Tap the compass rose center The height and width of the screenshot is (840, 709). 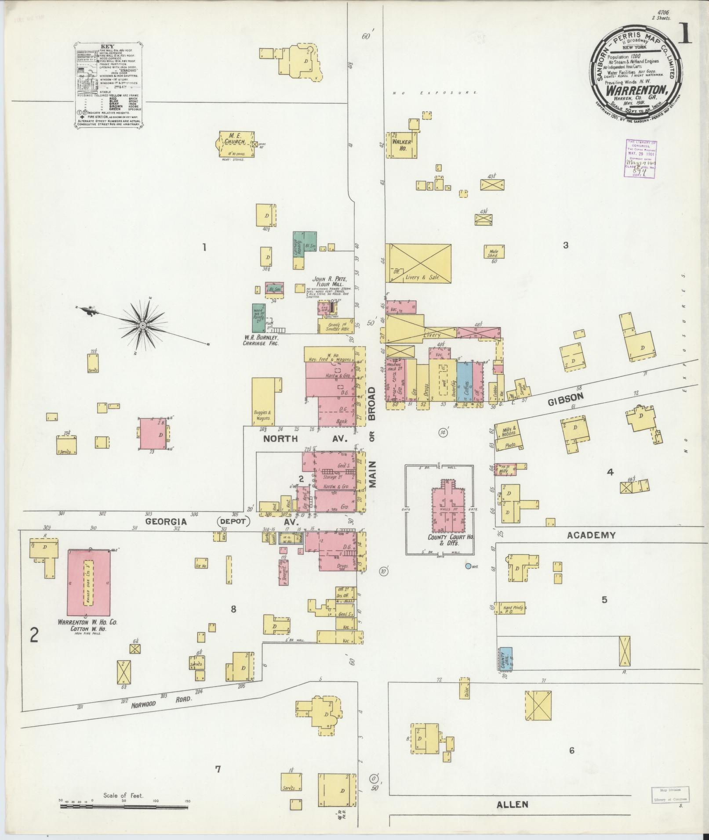click(142, 325)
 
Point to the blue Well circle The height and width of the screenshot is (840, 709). click(468, 566)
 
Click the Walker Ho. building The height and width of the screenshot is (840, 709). click(401, 145)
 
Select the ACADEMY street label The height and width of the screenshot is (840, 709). click(591, 535)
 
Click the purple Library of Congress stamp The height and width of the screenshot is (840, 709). click(641, 159)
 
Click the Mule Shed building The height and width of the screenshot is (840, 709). click(494, 252)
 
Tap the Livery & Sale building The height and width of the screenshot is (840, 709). click(418, 263)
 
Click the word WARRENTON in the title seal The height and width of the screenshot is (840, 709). click(637, 90)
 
